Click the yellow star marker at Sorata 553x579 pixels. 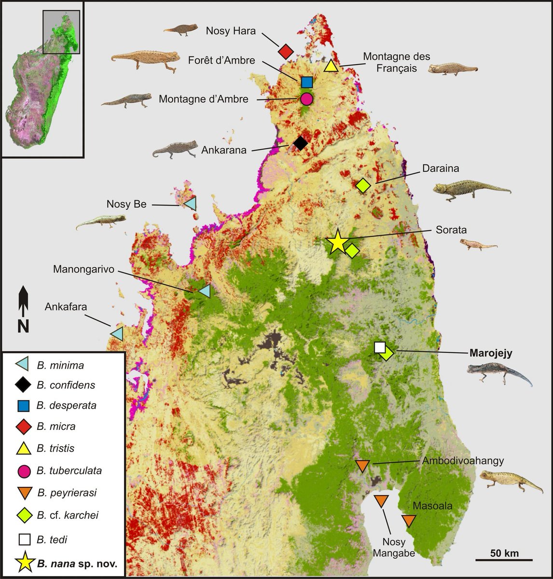337,242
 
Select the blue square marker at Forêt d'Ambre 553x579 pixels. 306,82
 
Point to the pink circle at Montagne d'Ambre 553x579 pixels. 306,99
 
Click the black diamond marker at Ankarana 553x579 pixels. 300,143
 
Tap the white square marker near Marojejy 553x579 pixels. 380,347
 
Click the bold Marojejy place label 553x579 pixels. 491,353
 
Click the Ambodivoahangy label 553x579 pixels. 462,460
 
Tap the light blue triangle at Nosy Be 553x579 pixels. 191,204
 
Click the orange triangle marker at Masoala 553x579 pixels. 409,521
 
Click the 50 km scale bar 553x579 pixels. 504,559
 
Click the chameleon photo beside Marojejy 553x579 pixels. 499,374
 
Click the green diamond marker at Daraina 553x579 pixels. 363,185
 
